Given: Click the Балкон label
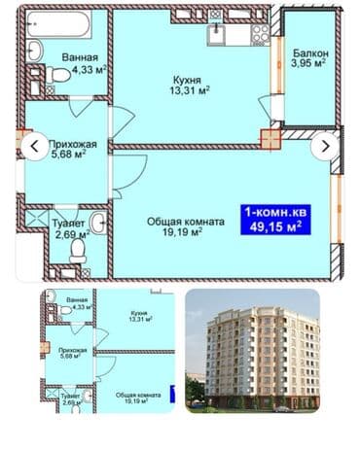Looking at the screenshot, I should [311, 53].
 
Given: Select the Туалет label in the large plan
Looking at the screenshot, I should [68, 222].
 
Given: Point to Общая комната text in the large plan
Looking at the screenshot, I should [186, 222].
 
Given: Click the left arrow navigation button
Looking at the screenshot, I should [35, 147].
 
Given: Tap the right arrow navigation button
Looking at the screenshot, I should [326, 147].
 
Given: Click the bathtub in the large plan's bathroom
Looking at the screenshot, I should [58, 20].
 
